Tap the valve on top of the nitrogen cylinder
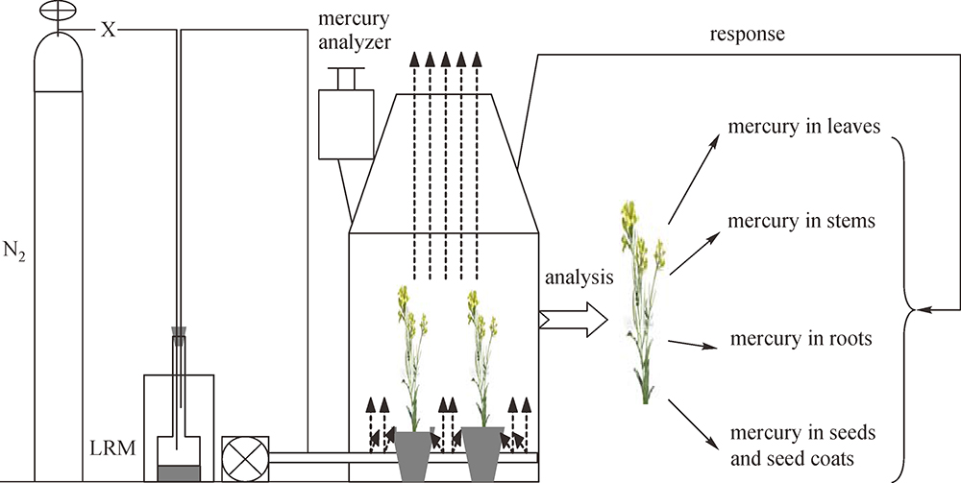tap(57, 12)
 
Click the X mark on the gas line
tap(109, 31)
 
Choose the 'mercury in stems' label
tap(801, 222)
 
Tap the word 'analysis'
tap(579, 279)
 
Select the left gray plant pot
tap(414, 453)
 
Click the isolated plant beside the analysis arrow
tap(642, 298)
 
